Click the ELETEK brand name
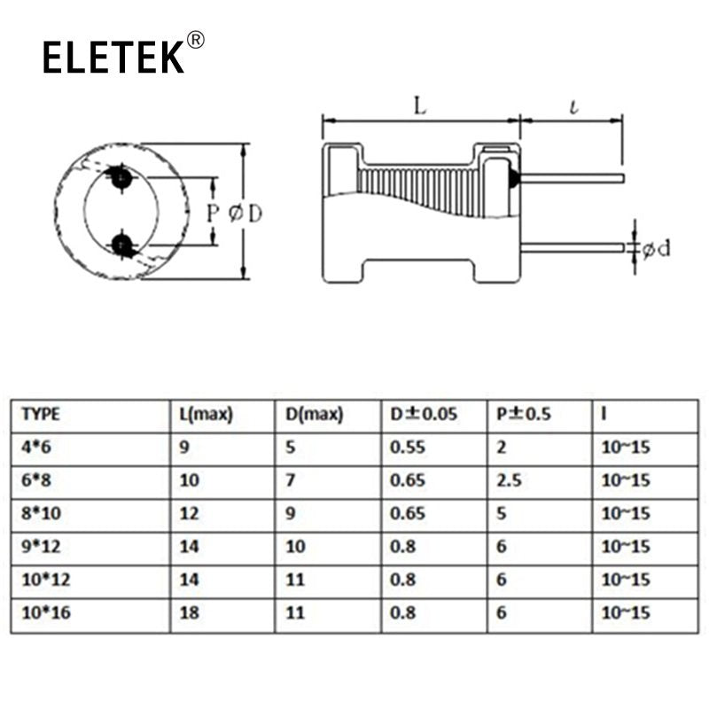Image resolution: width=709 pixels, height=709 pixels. point(113,57)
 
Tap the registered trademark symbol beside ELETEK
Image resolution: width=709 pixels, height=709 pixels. point(195,40)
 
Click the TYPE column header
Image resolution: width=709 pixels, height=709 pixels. point(41,414)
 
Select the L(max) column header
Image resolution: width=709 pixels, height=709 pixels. point(206,414)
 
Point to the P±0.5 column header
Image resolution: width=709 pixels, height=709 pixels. point(524,414)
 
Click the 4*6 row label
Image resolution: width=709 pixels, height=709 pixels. point(36,448)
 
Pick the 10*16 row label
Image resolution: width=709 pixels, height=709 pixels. point(46,612)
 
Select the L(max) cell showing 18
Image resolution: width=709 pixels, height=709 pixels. point(190,612)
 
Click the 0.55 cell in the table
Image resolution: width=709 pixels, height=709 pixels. point(408,448)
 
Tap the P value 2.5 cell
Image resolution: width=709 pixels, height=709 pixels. point(509,480)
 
